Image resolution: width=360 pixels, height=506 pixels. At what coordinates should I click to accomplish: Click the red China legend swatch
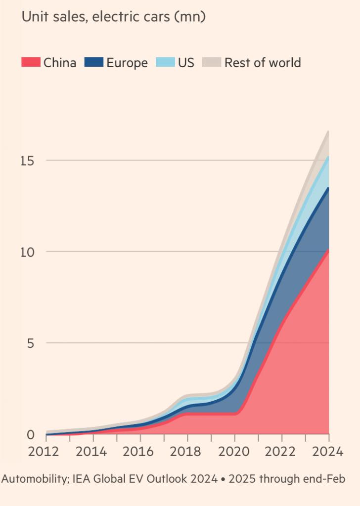[30, 63]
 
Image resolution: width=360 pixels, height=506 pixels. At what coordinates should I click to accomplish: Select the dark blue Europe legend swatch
[93, 63]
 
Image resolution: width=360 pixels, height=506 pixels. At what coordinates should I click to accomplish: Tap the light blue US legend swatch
[165, 63]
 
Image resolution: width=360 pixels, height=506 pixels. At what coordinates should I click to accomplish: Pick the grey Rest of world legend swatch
[212, 63]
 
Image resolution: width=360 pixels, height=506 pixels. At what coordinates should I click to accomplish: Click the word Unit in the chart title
[33, 17]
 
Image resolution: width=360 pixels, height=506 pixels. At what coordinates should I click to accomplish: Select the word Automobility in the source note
[35, 479]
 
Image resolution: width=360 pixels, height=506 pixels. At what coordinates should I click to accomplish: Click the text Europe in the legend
[127, 63]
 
